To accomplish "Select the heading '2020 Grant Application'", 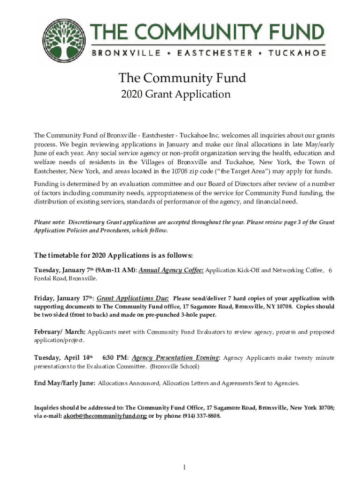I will coord(175,94).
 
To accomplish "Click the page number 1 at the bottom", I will coord(185,467).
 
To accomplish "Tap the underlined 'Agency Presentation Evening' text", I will coord(175,358).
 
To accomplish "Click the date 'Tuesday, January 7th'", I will coord(64,270).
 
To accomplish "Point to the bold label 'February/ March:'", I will coord(59,332).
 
